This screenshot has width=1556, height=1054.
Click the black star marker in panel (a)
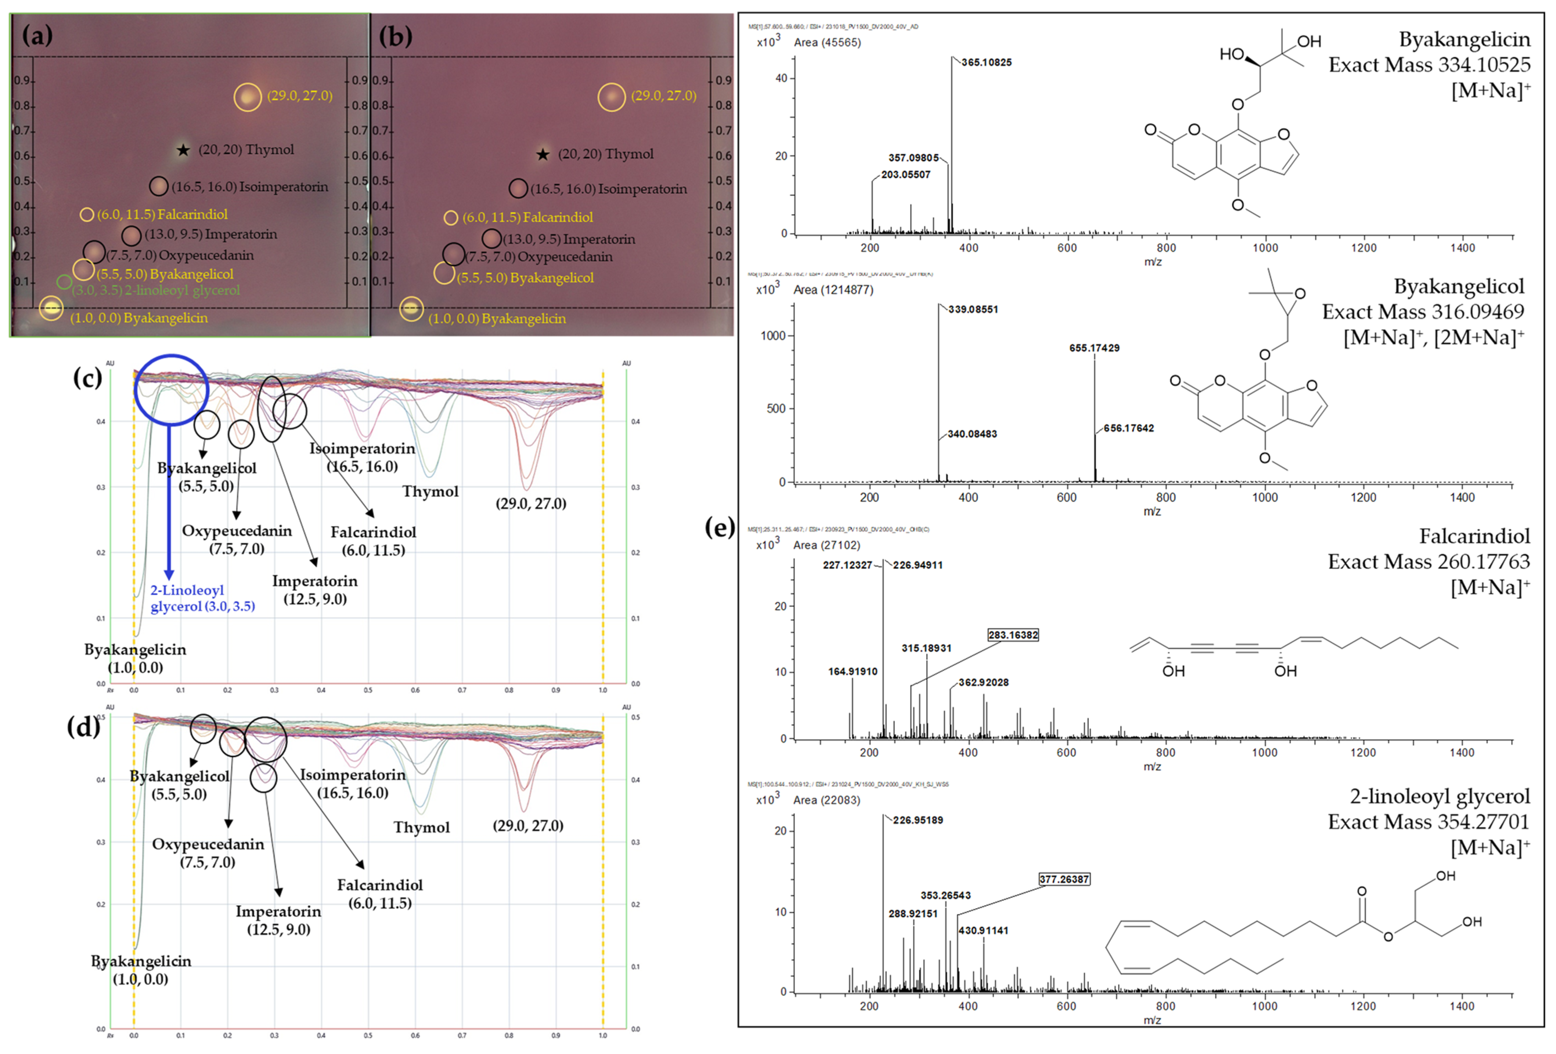[183, 150]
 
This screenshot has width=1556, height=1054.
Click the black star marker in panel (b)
[543, 155]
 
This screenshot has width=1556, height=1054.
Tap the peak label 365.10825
[986, 62]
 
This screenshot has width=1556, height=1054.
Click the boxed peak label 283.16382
[1013, 635]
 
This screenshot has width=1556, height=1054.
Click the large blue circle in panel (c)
[172, 389]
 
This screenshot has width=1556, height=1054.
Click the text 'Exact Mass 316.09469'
[1423, 312]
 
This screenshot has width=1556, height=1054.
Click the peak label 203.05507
[905, 175]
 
